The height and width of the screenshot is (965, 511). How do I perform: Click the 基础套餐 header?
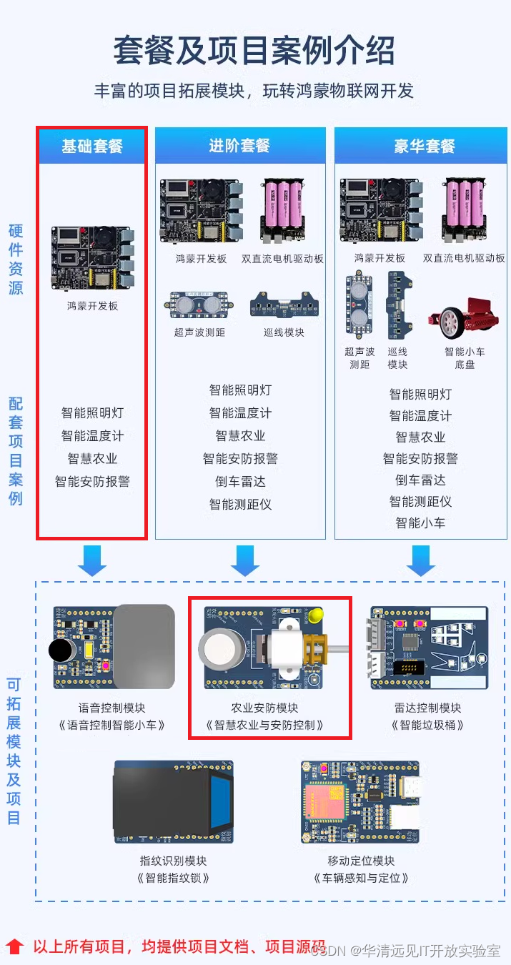(91, 147)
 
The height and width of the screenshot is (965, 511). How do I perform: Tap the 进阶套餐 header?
(239, 146)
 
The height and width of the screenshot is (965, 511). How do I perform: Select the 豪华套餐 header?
(424, 147)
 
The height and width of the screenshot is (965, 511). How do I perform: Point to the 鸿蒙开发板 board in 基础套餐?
(92, 258)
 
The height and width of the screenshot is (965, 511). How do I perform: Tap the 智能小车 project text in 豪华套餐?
(420, 523)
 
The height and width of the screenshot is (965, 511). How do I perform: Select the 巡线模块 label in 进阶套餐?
(283, 332)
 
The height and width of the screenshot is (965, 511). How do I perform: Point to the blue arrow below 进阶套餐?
(245, 561)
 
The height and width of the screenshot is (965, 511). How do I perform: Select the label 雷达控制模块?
(427, 708)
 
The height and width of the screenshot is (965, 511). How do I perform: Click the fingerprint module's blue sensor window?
(220, 801)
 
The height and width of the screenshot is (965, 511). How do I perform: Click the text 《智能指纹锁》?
(173, 878)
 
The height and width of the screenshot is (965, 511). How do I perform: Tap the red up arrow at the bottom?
(15, 946)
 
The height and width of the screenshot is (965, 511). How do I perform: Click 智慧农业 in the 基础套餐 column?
(92, 459)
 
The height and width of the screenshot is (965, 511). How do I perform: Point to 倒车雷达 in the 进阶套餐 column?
(240, 481)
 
